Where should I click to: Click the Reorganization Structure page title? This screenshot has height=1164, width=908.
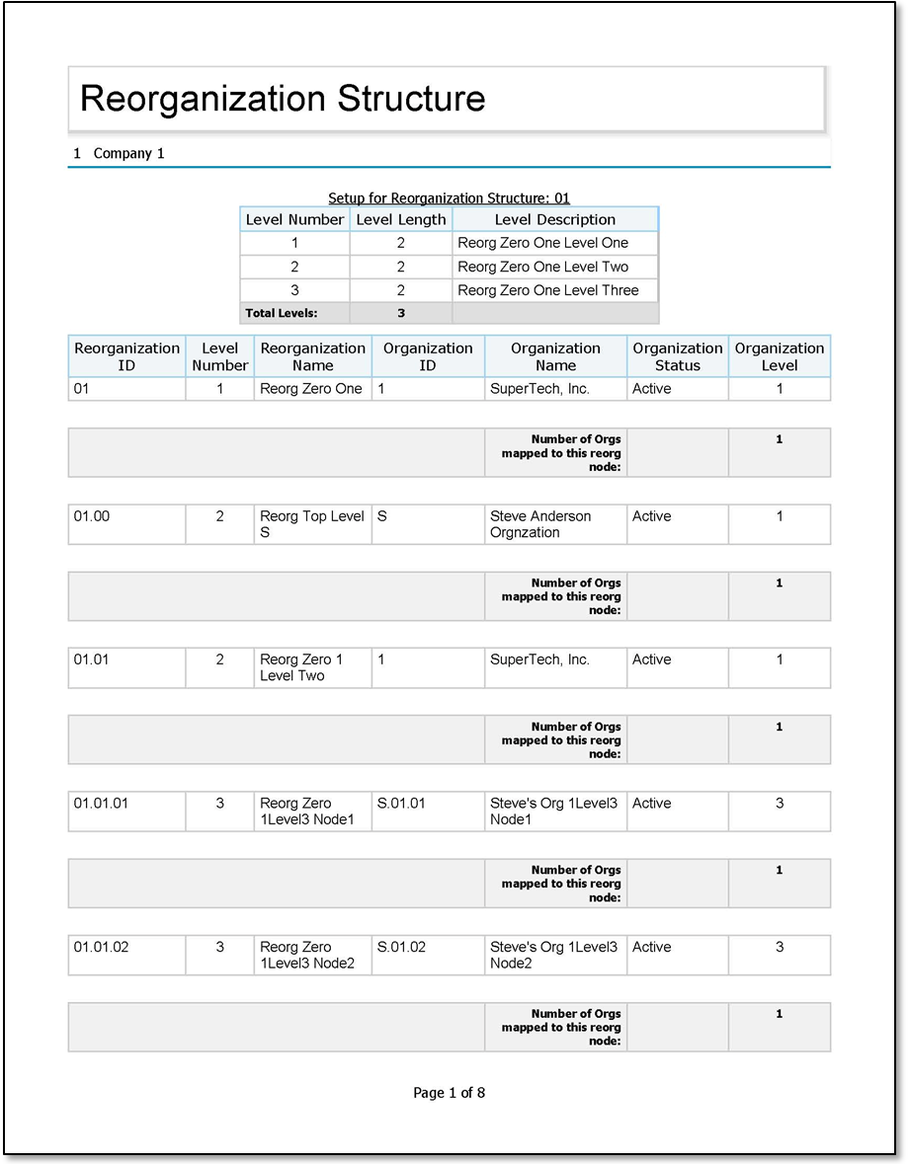283,99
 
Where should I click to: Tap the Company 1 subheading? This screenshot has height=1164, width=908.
120,154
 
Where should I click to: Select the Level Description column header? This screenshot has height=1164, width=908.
554,219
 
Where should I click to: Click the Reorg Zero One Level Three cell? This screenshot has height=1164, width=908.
547,290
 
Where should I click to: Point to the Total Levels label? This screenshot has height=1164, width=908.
282,313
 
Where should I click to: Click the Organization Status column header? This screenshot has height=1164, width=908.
677,356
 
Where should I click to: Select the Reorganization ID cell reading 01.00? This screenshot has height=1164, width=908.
92,516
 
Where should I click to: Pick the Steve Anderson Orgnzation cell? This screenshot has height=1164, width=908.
540,524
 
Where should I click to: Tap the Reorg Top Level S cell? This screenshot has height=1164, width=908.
311,524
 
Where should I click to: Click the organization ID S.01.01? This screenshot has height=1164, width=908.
401,804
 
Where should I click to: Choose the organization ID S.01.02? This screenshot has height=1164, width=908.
401,947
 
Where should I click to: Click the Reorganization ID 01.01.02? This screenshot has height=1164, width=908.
101,947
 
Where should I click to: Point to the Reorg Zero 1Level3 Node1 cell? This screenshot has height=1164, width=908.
306,812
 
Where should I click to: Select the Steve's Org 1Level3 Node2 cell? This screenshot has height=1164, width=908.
553,955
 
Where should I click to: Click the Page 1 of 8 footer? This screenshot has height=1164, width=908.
449,1093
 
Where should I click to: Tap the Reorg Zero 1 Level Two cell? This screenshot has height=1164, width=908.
301,667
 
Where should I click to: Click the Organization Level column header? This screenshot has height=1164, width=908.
779,356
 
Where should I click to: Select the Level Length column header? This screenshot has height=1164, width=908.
400,219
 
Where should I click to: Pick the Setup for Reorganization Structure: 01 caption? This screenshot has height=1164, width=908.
449,198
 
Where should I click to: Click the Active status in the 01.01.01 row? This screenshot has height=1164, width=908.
651,804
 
